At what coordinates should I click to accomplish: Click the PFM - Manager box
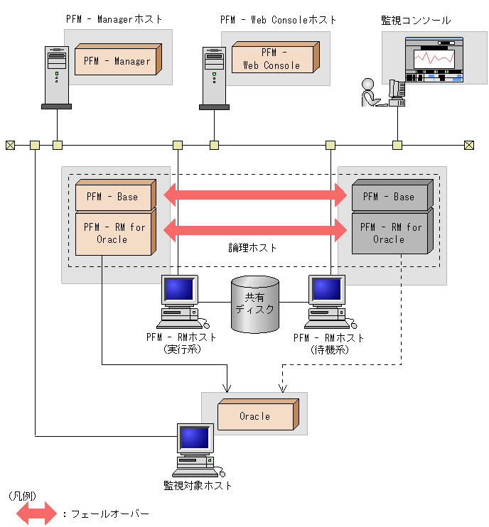click(x=117, y=61)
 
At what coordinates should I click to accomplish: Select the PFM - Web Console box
click(x=273, y=59)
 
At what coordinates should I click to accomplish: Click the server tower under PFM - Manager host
click(x=56, y=77)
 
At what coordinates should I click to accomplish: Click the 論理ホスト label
click(x=253, y=248)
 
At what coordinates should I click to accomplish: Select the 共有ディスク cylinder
click(x=255, y=305)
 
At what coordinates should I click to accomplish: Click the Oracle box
click(x=255, y=416)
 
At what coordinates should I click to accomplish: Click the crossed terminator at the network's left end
click(x=10, y=146)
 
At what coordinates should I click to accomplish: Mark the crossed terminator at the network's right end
click(x=468, y=146)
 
